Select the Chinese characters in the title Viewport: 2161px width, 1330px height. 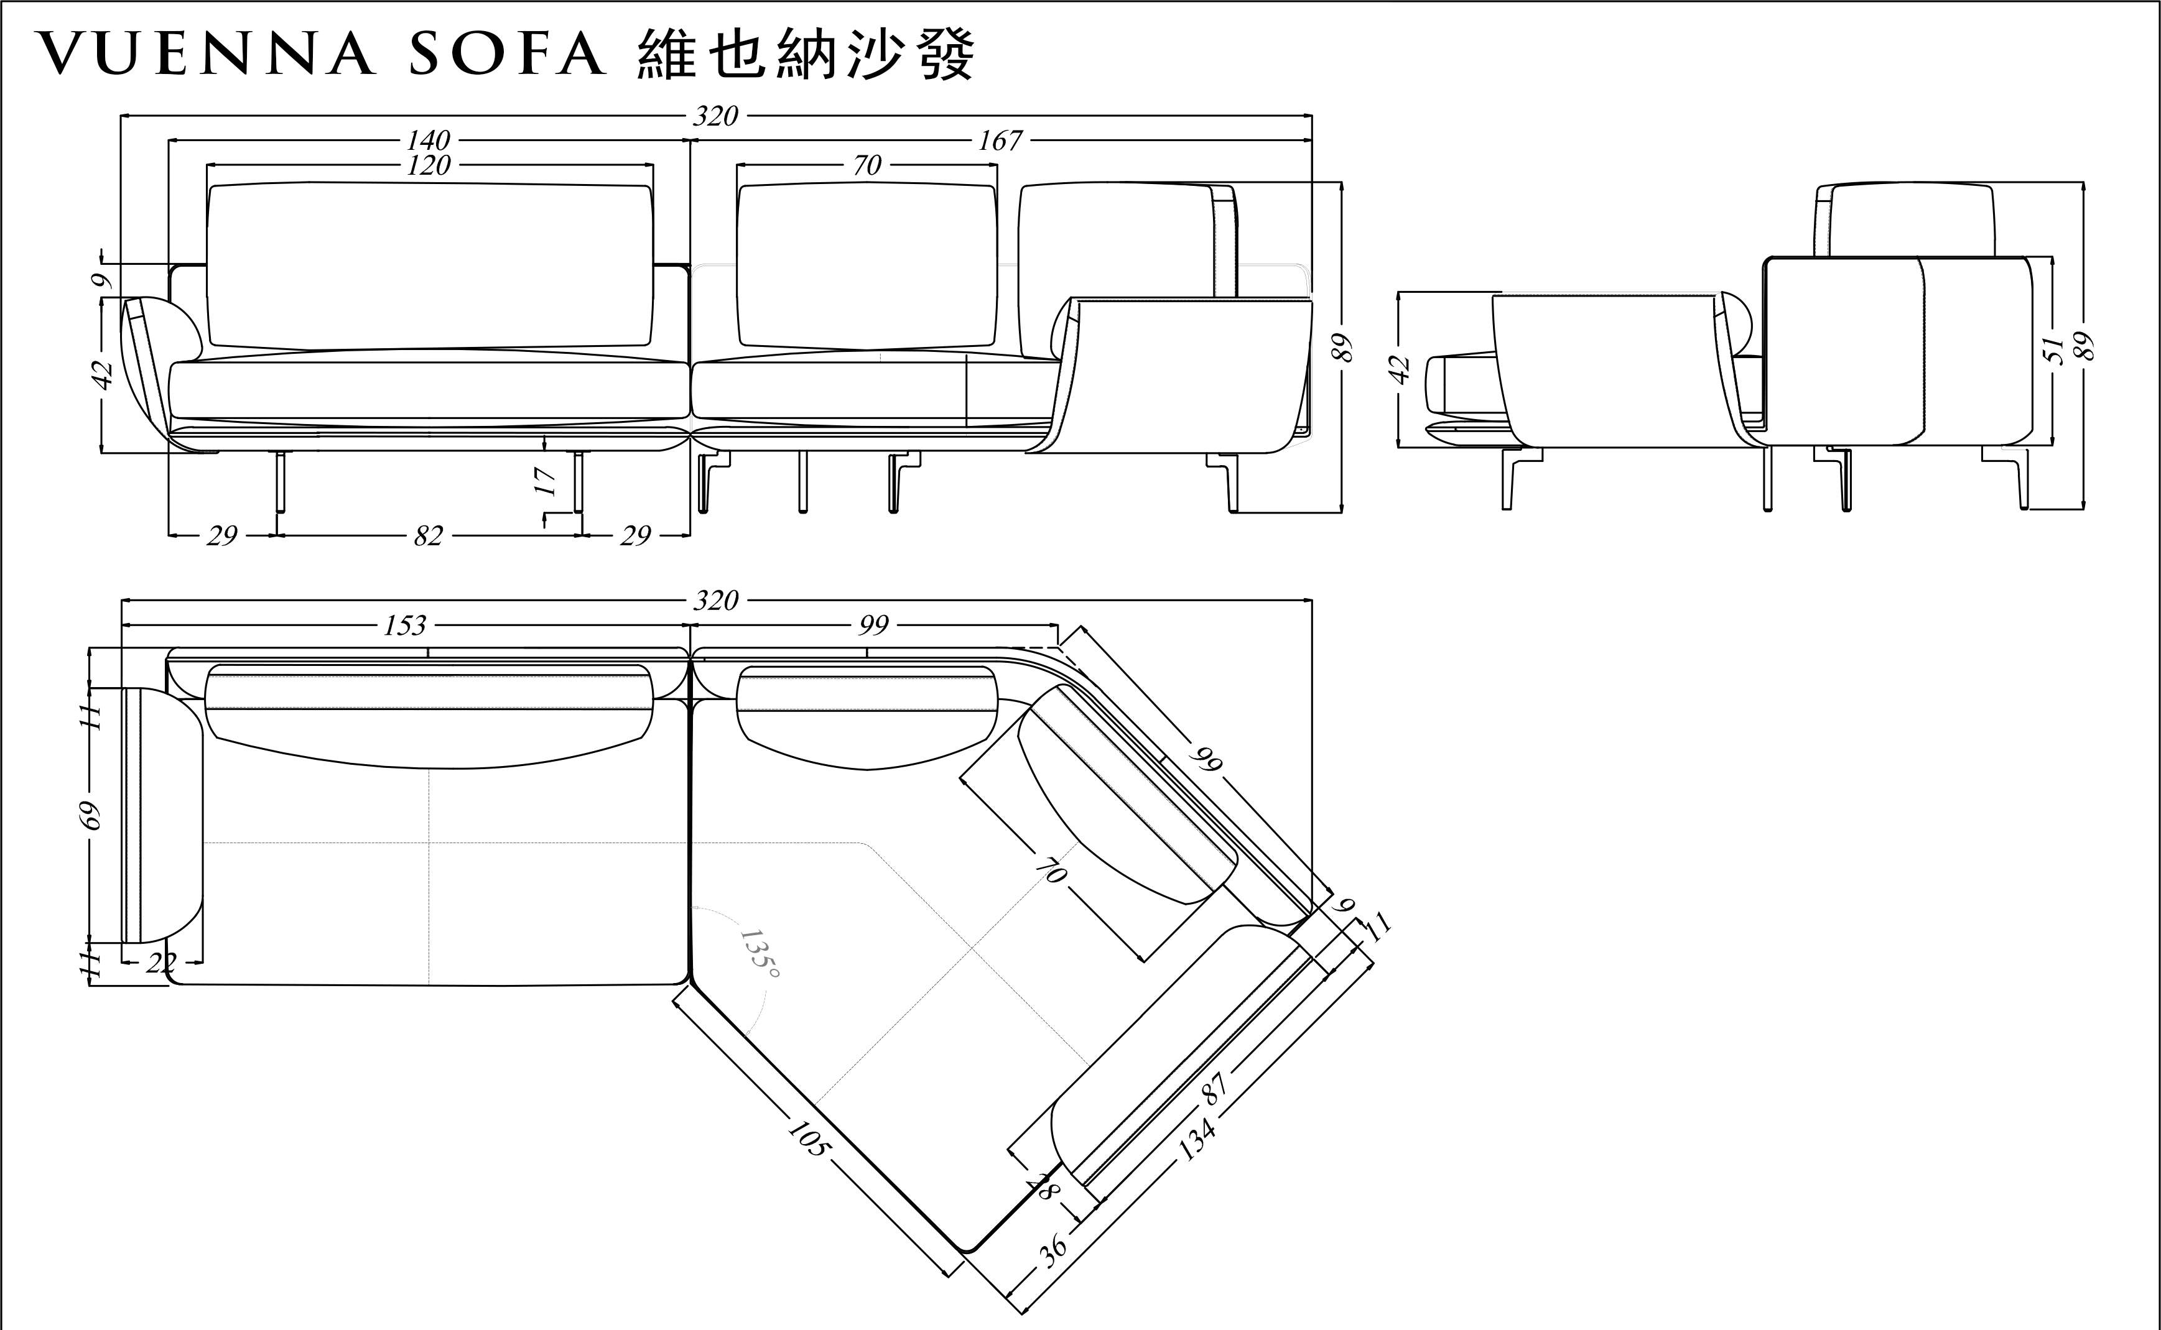click(804, 55)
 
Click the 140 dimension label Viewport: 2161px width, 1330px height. click(429, 140)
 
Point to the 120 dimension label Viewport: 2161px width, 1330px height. click(429, 165)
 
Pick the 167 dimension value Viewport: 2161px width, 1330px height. click(1000, 140)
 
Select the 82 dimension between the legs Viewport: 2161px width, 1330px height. click(429, 536)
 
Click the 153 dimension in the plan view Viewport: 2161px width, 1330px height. click(405, 626)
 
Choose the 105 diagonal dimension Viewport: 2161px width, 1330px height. click(807, 1137)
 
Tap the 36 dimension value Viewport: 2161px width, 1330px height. click(1053, 1249)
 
